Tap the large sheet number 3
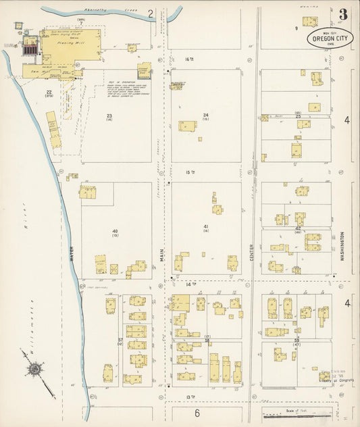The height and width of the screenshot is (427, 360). (344, 14)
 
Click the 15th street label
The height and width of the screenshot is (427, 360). (190, 172)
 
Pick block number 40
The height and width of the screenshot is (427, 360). (115, 231)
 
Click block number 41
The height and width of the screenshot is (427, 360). (206, 226)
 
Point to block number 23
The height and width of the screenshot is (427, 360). (109, 116)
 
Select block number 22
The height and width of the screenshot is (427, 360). (49, 91)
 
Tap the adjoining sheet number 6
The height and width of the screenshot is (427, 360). (198, 413)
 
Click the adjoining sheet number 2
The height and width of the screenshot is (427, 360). (151, 13)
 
